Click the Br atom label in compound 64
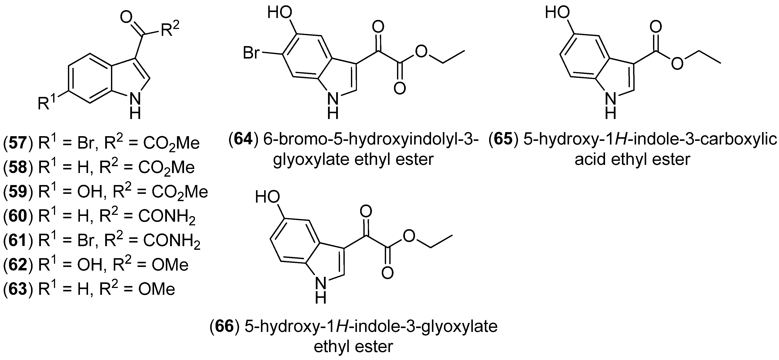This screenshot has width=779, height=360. pyautogui.click(x=251, y=54)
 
